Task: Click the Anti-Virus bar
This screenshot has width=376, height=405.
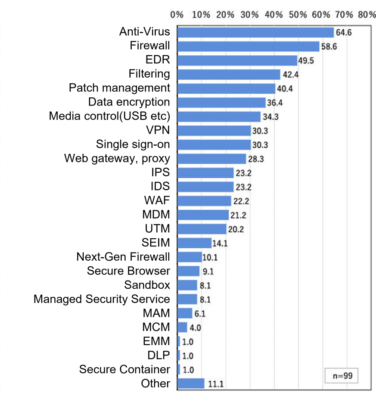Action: tap(255, 32)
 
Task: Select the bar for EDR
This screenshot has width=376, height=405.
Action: tap(237, 60)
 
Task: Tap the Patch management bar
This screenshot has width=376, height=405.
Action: tap(226, 88)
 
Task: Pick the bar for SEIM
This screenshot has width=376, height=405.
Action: tap(194, 243)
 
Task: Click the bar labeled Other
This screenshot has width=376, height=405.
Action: tap(191, 383)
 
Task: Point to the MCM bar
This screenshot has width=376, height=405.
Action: tap(182, 327)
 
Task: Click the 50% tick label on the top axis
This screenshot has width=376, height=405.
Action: tap(298, 14)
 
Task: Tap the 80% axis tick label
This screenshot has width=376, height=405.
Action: tap(367, 14)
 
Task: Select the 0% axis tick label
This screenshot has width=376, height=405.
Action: tap(177, 14)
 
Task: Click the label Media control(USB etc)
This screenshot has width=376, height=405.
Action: tap(109, 116)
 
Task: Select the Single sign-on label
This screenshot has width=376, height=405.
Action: tap(133, 144)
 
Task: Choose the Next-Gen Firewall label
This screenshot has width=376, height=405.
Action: tap(123, 257)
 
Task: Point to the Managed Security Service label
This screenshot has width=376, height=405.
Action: tap(102, 299)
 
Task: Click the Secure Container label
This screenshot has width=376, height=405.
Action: tap(124, 369)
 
